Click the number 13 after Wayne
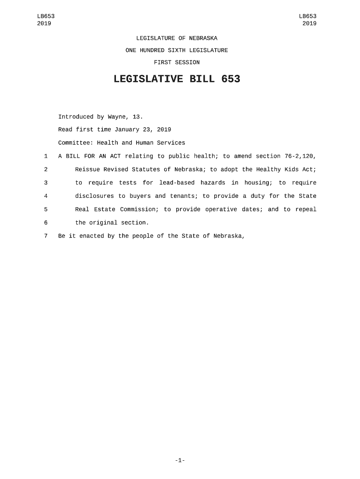coord(137,116)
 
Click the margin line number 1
coord(46,156)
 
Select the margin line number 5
coord(46,209)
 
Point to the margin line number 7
coord(46,236)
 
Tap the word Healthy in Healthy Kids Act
coord(268,169)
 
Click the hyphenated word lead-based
coord(177,183)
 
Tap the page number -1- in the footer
coord(180,461)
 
